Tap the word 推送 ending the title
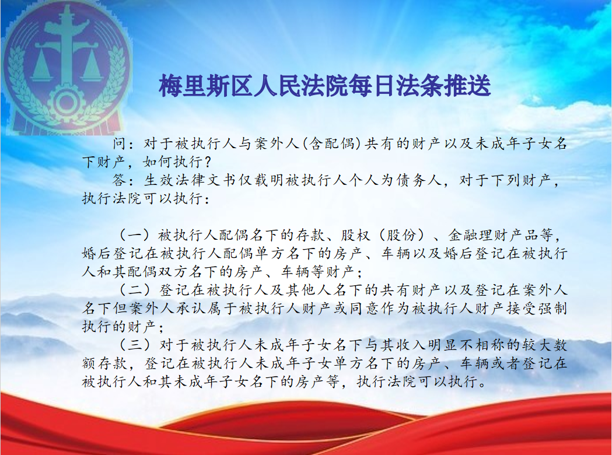[467, 86]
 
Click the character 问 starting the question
[119, 143]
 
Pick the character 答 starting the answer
[119, 180]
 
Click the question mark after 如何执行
[208, 162]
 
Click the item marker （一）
[135, 235]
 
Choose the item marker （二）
[135, 290]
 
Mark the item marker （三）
[135, 345]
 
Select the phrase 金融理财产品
[494, 235]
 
